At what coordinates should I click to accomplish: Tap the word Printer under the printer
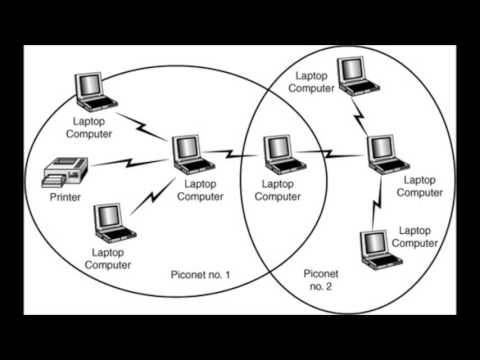[66, 197]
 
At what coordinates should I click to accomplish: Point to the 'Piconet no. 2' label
[322, 278]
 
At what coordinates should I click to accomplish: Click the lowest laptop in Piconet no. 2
[376, 247]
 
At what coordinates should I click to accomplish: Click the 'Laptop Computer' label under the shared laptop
[278, 190]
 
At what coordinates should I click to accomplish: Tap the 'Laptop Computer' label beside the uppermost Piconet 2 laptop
[309, 83]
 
